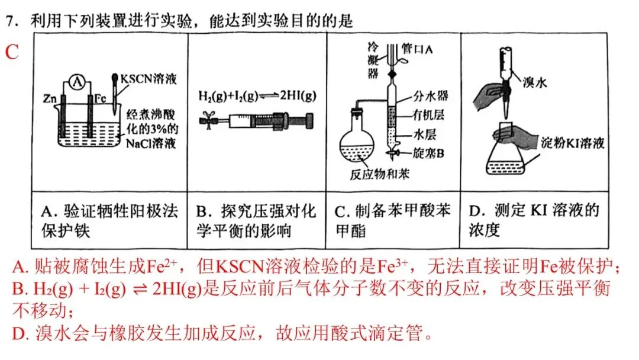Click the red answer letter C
pyautogui.click(x=12, y=52)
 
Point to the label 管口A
pyautogui.click(x=418, y=50)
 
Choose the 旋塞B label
pyautogui.click(x=429, y=153)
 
